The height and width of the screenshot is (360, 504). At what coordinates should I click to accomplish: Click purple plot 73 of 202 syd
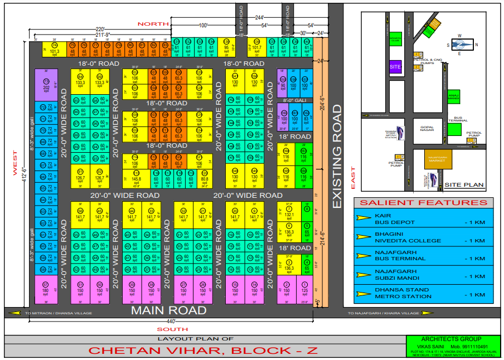(46, 84)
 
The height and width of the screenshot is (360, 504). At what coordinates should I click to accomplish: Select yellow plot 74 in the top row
(54, 49)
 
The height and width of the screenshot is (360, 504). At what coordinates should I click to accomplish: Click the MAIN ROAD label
(168, 310)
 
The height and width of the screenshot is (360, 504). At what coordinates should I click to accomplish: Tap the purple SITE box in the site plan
(395, 67)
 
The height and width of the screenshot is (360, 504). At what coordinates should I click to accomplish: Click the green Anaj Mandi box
(454, 97)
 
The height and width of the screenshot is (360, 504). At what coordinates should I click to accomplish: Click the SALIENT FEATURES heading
(424, 203)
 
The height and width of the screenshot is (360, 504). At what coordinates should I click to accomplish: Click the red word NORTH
(154, 24)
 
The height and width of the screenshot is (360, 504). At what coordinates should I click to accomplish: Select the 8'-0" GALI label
(294, 100)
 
